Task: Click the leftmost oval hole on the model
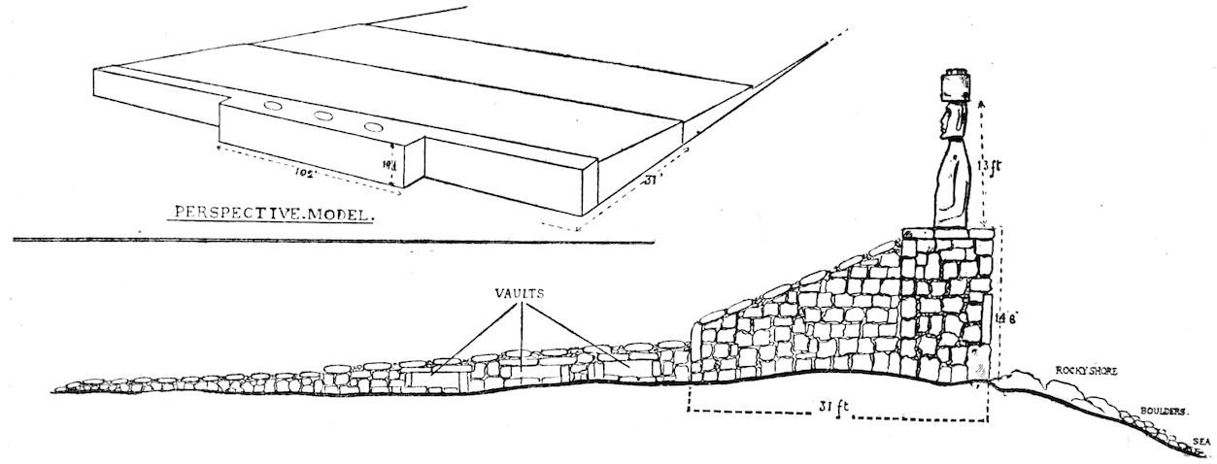275,105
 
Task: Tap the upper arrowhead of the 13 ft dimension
983,101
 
